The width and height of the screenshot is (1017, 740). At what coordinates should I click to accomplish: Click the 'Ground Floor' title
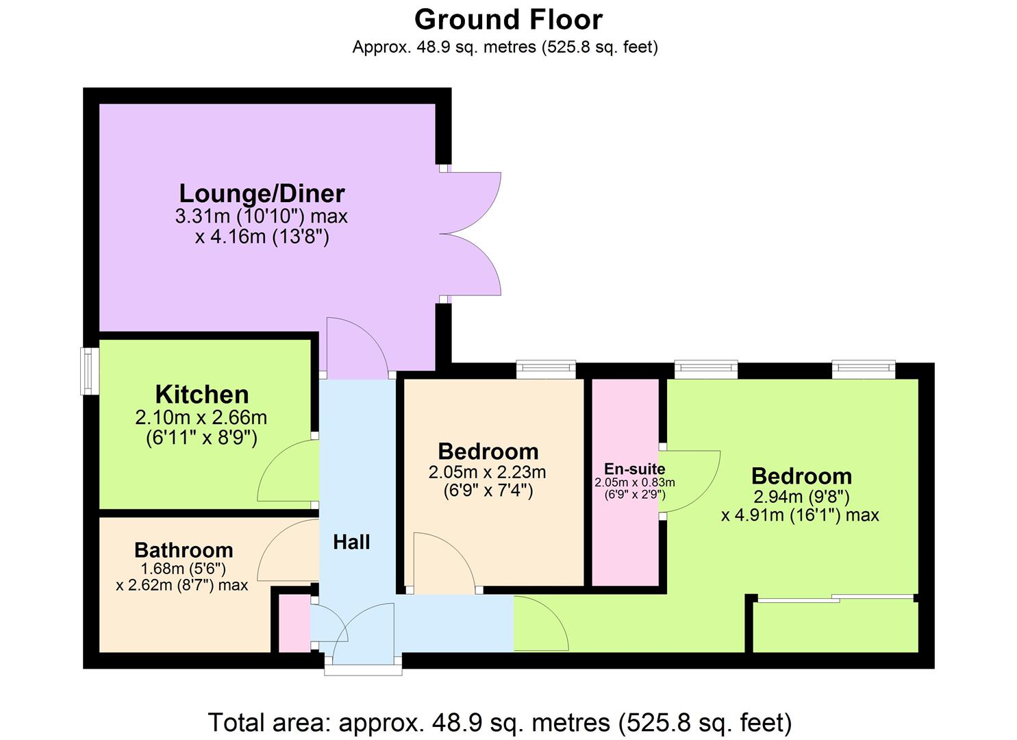508,19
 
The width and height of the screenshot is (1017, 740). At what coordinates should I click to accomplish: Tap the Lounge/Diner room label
262,193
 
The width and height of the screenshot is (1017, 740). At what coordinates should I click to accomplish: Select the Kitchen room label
202,395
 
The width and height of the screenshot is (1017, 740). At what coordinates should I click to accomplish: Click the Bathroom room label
184,550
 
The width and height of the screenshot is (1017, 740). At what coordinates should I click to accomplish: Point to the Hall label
351,543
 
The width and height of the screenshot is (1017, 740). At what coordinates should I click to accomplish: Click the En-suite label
634,469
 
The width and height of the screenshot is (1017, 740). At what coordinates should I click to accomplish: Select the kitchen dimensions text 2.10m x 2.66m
201,417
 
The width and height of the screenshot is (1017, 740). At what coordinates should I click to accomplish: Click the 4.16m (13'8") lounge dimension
262,238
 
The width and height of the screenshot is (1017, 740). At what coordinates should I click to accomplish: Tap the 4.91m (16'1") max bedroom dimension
800,515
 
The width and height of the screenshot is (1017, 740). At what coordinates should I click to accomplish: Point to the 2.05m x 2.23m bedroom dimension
487,472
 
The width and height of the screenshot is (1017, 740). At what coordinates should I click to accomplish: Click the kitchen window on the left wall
90,371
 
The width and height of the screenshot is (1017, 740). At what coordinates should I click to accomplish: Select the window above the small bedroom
546,370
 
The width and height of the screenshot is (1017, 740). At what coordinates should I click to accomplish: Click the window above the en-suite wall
705,370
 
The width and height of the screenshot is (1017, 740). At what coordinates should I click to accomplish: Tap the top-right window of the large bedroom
864,370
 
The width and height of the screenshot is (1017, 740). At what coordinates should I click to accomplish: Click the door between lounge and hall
356,349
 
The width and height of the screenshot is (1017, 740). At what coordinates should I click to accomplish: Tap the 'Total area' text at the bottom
500,723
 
